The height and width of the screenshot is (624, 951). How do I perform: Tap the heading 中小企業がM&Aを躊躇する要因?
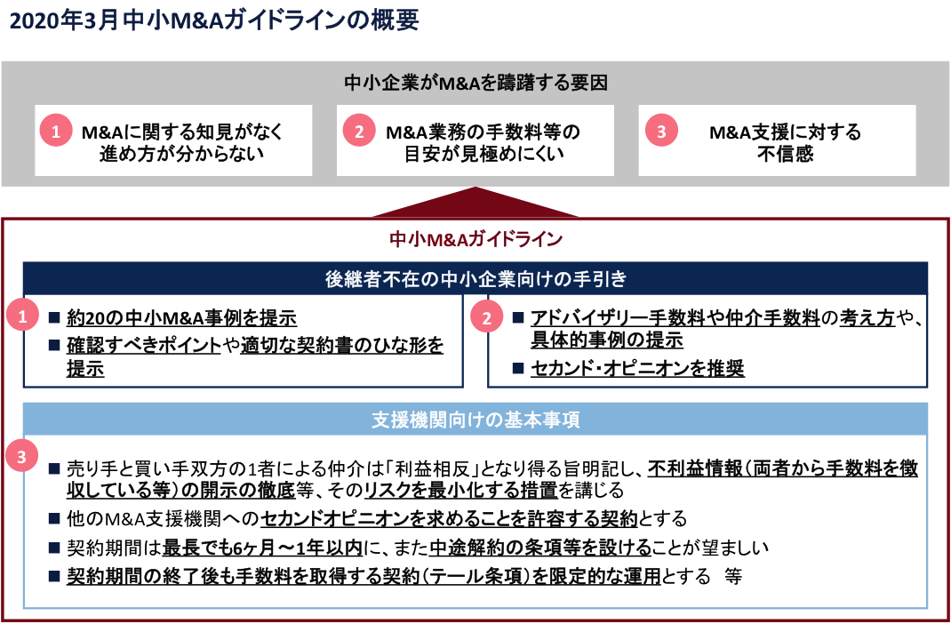point(476,83)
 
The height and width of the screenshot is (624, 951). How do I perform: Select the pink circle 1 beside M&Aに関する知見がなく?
point(56,132)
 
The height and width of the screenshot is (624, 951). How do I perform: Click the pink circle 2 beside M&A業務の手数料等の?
point(359,132)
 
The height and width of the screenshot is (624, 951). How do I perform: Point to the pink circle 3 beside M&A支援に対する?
point(660,132)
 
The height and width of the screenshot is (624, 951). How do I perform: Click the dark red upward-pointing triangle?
point(475,202)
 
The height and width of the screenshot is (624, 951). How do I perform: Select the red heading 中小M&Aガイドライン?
point(476,239)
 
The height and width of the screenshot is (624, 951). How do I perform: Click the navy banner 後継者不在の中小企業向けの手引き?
point(476,279)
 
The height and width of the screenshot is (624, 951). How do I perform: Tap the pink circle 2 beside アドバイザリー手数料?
point(486,318)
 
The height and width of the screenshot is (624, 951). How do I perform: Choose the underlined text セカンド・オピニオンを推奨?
point(637,368)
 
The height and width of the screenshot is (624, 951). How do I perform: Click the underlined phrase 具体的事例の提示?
point(607,340)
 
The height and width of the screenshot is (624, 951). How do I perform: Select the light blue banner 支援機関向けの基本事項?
point(476,419)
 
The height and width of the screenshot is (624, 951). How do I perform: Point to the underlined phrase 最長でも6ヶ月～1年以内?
point(262,548)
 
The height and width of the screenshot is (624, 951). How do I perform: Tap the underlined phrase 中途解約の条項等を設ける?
point(539,548)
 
